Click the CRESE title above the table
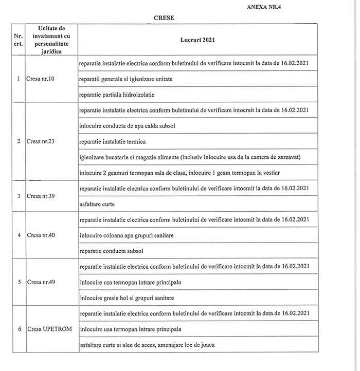[x=164, y=17]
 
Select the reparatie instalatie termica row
[x=113, y=141]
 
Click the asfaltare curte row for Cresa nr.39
[x=97, y=204]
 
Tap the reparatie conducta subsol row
[x=112, y=251]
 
